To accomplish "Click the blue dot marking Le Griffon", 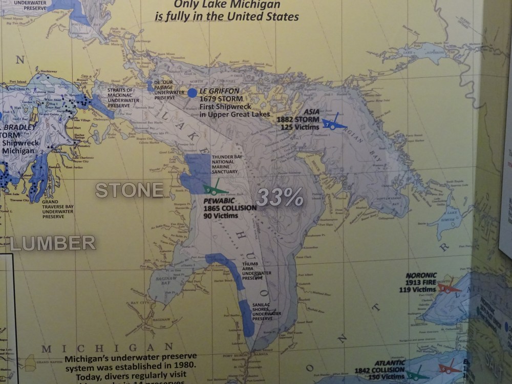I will coord(192,93).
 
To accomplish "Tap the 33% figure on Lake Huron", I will coord(280,197).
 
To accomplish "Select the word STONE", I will coord(130,190).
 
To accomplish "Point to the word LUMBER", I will coord(53,243).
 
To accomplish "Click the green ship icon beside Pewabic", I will coord(215,190).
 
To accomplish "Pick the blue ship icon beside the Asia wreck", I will coord(334,123).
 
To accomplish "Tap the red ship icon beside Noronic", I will coord(449,288).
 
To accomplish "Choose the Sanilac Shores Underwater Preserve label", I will coord(267,311).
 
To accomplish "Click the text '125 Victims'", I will coord(300,126).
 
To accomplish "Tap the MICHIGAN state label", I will coord(107,348).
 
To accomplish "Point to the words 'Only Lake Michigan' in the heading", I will coord(227,5).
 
